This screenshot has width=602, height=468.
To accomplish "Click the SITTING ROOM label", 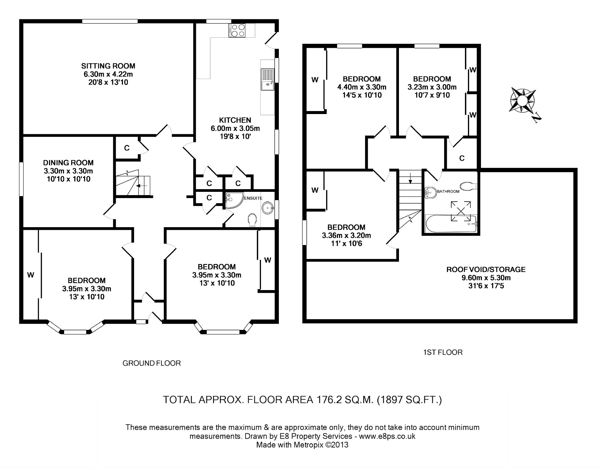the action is click(x=108, y=66).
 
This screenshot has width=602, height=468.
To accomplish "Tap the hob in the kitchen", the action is click(x=237, y=30).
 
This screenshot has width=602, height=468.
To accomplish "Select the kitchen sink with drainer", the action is click(x=268, y=79).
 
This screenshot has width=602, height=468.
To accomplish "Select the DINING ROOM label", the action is click(x=68, y=163).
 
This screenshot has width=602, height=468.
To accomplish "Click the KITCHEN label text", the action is click(x=235, y=120).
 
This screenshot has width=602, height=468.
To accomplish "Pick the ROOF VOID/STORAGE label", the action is click(x=486, y=270).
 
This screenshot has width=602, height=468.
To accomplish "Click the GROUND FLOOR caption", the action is click(x=152, y=363).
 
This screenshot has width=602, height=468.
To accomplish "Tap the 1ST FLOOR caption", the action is click(x=443, y=352).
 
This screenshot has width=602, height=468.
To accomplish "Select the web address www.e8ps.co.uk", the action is click(x=387, y=436).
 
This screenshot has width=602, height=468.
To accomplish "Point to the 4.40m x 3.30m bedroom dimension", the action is click(x=361, y=87).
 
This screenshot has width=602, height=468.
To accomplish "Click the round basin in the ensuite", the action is click(x=268, y=208).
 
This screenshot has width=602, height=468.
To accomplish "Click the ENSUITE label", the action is click(x=253, y=198).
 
